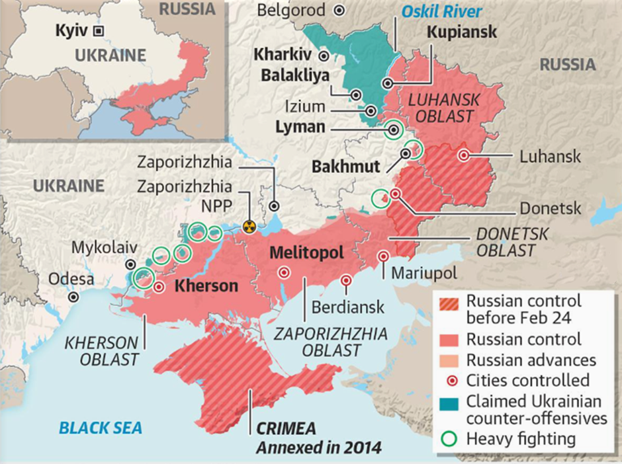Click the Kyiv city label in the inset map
click(x=72, y=30)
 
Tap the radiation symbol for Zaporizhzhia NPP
click(x=249, y=226)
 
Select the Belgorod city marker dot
click(x=339, y=11)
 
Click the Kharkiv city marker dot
click(x=324, y=56)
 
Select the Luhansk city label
click(x=550, y=157)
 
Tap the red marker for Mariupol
click(x=383, y=256)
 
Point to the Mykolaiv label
click(x=105, y=248)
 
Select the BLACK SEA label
click(x=101, y=428)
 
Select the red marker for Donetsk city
click(x=395, y=194)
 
